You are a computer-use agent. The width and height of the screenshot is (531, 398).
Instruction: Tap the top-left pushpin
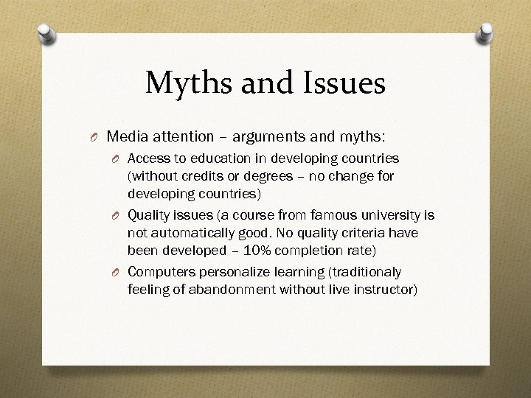46,33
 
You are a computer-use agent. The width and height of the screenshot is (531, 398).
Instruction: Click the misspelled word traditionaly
368,271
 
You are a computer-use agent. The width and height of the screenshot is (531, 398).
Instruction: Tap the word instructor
385,290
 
